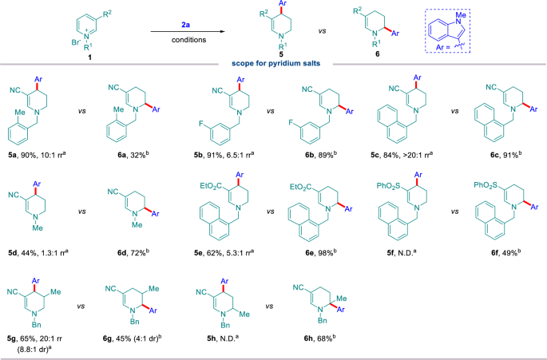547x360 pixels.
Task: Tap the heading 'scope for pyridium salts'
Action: [x=273, y=63]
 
